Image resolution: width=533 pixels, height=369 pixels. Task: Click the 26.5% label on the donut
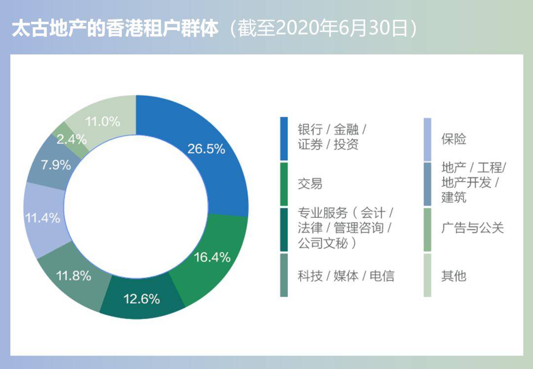pos(206,148)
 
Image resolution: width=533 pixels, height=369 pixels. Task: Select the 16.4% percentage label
pos(212,257)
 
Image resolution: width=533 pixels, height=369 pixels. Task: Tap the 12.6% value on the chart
pos(142,299)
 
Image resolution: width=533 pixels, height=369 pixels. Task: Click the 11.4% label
pos(42,218)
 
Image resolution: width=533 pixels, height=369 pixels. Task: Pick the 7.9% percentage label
pos(56,165)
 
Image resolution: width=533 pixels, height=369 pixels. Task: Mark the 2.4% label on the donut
pos(72,139)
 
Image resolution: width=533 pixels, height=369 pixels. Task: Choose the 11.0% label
pos(102,121)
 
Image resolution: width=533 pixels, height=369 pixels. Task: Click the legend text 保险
pos(454,139)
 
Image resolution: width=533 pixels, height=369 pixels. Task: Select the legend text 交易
pos(310,184)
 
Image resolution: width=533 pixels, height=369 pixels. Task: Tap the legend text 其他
pos(454,276)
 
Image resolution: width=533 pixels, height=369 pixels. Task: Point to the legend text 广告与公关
pos(472,228)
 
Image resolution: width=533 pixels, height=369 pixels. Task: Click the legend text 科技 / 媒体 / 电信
pos(346,276)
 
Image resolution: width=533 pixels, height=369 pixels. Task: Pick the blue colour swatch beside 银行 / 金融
pos(284,138)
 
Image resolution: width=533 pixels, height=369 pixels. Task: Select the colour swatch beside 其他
pos(427,275)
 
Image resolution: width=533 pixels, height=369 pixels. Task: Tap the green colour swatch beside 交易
pos(284,184)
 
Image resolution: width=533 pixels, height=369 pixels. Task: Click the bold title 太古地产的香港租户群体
pos(115,29)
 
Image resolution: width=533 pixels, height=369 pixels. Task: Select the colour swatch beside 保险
pos(427,139)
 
